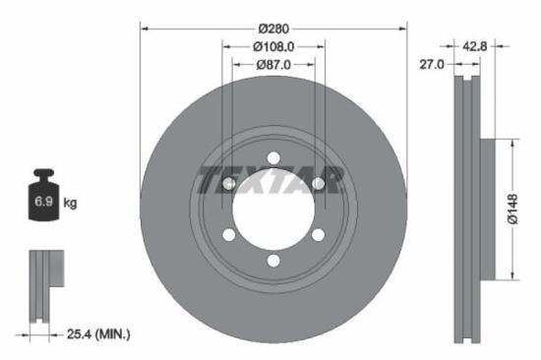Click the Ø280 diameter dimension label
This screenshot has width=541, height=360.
pyautogui.click(x=273, y=30)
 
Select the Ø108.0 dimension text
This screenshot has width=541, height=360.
pyautogui.click(x=273, y=46)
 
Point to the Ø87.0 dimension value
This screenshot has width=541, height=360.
pyautogui.click(x=273, y=64)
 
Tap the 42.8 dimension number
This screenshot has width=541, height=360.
pyautogui.click(x=476, y=45)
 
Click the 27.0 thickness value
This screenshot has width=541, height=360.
pyautogui.click(x=433, y=64)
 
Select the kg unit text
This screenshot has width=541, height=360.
pyautogui.click(x=70, y=204)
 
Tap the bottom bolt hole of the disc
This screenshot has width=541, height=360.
pyautogui.click(x=273, y=261)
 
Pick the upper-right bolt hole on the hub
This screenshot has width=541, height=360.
pyautogui.click(x=319, y=182)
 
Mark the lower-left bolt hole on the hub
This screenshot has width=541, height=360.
pyautogui.click(x=228, y=235)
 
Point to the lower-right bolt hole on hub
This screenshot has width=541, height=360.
pyautogui.click(x=319, y=235)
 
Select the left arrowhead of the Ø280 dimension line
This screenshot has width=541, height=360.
pyautogui.click(x=146, y=30)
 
